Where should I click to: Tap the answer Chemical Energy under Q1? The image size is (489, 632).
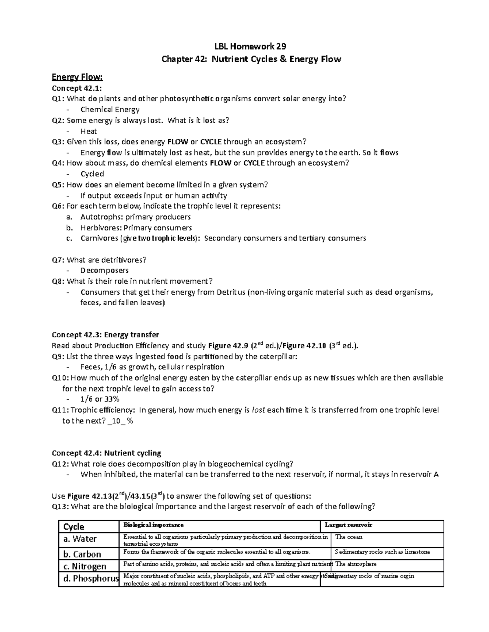click(110, 109)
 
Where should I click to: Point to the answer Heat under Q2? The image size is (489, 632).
click(88, 131)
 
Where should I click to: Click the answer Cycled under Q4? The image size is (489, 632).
click(92, 174)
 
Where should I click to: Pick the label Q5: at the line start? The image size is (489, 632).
click(58, 185)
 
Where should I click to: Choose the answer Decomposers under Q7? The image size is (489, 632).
click(104, 270)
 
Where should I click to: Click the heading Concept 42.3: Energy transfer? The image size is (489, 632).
click(105, 335)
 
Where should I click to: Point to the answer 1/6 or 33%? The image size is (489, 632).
click(100, 399)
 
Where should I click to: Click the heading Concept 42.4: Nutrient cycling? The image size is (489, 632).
click(106, 453)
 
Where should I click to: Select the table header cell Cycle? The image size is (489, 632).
click(74, 527)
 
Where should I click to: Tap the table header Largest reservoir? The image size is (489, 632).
click(348, 525)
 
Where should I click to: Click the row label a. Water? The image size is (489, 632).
click(80, 539)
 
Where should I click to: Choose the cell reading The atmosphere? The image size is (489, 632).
click(356, 564)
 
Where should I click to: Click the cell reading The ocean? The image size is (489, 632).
click(348, 537)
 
